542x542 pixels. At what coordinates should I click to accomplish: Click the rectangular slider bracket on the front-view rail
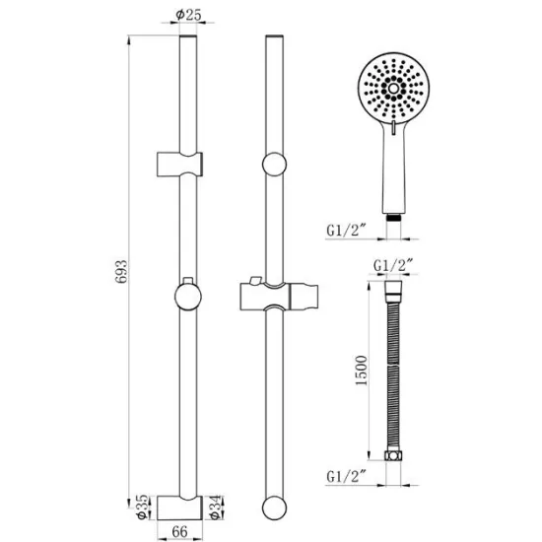coord(180,165)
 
